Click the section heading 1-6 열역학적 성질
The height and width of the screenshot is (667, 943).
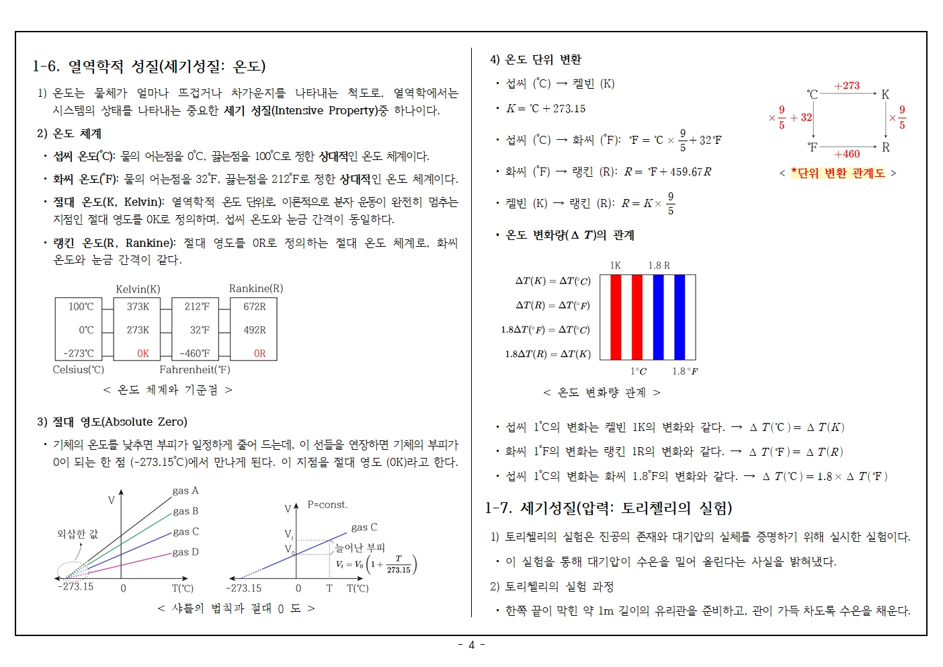point(149,66)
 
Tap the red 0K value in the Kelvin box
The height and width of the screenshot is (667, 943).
point(142,353)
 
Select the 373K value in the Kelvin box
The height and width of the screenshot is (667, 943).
point(138,307)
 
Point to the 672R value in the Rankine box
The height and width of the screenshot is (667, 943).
point(255,307)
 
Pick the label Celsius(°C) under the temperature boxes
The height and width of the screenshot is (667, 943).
point(79,369)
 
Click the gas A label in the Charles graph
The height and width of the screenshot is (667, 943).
point(186,491)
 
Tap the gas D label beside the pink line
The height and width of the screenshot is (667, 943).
point(186,552)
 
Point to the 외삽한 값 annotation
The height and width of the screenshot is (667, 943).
point(77,534)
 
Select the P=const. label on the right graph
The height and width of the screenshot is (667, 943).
point(327,504)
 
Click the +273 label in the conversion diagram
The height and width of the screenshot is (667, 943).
point(847,85)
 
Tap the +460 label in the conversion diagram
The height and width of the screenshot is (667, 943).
point(847,154)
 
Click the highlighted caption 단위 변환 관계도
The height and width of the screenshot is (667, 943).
point(838,173)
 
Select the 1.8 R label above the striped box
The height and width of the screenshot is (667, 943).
point(659,266)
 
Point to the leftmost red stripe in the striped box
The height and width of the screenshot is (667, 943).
point(616,317)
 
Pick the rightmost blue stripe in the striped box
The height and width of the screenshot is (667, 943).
point(680,317)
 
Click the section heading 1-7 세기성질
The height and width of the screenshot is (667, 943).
point(608,508)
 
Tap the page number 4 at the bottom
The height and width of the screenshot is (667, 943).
point(471,645)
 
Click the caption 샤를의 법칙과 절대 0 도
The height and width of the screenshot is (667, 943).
point(236,608)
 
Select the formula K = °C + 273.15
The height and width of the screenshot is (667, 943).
point(546,108)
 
